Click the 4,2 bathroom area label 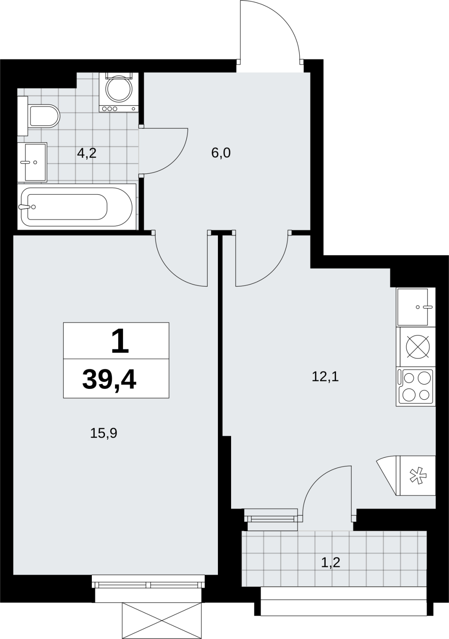[x=87, y=153]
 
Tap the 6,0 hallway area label [x=221, y=153]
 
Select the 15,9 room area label [x=104, y=433]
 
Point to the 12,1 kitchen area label [x=325, y=377]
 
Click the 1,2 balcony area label [x=331, y=563]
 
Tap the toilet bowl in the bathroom [x=44, y=116]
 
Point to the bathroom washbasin [x=32, y=162]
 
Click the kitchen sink [x=416, y=307]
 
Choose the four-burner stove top [x=416, y=387]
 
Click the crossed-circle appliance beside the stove [x=417, y=346]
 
